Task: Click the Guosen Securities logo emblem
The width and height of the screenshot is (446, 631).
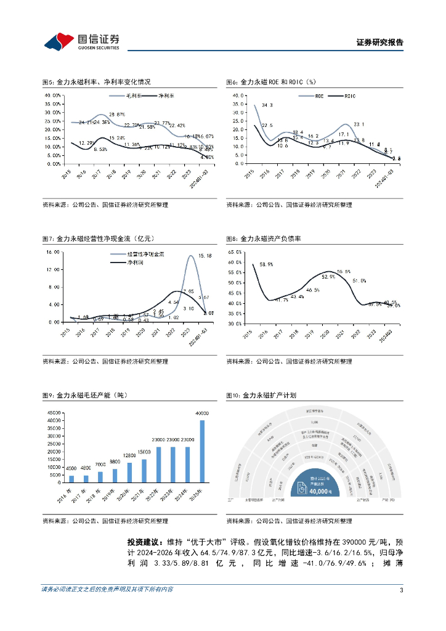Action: [58, 41]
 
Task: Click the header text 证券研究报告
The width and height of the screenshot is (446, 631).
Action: [380, 43]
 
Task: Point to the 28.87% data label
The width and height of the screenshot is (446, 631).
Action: [117, 115]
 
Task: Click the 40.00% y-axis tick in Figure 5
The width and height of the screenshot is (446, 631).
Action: [52, 96]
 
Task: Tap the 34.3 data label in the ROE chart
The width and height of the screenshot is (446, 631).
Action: [267, 105]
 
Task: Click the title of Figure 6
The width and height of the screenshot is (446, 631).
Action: [270, 82]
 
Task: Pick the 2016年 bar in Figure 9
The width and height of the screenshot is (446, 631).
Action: [71, 478]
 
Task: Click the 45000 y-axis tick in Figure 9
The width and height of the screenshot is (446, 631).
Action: [54, 412]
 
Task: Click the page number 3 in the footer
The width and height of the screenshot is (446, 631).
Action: [401, 590]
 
